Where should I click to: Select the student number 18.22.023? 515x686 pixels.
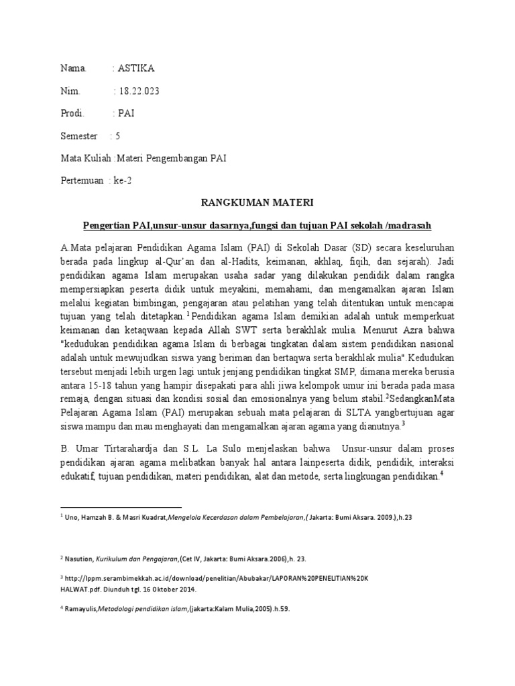[x=139, y=90]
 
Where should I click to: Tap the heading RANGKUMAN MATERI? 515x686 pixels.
[x=257, y=202]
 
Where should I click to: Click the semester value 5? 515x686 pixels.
[x=118, y=136]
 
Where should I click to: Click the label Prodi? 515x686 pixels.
[x=72, y=113]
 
